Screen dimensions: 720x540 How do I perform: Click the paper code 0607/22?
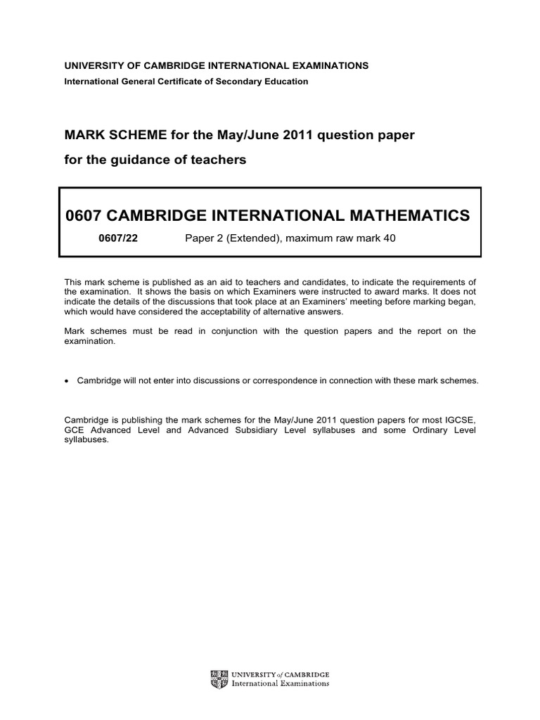pyautogui.click(x=119, y=238)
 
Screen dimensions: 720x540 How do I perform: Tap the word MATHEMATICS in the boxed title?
pyautogui.click(x=401, y=214)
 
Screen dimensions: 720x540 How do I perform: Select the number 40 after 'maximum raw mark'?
pyautogui.click(x=390, y=238)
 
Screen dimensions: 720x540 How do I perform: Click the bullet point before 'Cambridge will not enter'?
pyautogui.click(x=67, y=380)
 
